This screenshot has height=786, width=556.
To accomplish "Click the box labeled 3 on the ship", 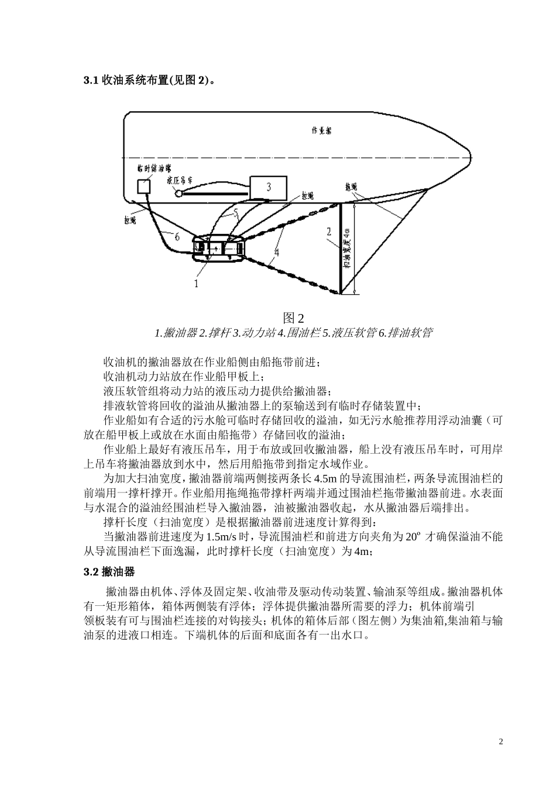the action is (268, 187).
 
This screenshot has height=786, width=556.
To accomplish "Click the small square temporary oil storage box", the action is (143, 186).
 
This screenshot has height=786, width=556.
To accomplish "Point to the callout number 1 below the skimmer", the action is (196, 284).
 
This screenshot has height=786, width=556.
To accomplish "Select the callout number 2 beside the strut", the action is (330, 231).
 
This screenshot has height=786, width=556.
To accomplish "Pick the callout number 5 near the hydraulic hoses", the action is (235, 214).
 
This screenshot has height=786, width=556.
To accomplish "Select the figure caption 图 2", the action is (293, 318).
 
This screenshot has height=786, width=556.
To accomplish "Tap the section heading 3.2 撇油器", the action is (110, 571).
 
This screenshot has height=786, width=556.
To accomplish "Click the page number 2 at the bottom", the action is (500, 742).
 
